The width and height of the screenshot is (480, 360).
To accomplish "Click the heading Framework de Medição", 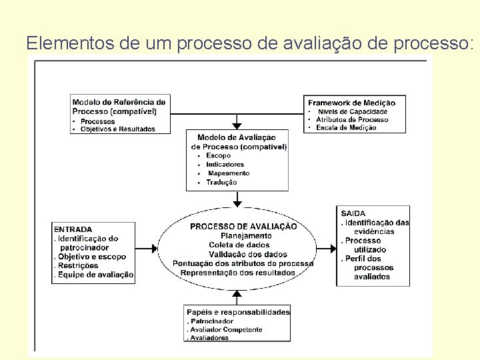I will click(x=351, y=103).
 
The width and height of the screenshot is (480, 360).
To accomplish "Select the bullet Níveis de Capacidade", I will click(x=352, y=111).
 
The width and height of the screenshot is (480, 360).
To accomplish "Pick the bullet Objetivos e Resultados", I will click(x=117, y=129).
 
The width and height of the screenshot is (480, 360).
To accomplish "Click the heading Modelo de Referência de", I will click(x=119, y=103).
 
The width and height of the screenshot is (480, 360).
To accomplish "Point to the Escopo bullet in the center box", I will click(x=218, y=155).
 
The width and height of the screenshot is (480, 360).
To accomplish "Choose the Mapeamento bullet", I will click(x=228, y=173).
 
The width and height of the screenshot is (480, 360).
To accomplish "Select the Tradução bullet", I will click(x=221, y=182).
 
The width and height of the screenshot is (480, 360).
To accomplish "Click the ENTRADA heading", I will click(x=73, y=229).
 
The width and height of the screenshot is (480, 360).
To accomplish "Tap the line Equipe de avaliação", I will click(x=95, y=275).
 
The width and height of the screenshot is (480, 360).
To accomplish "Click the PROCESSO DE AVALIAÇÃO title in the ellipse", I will click(x=243, y=227).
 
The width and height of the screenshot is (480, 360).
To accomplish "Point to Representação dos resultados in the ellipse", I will click(x=238, y=273).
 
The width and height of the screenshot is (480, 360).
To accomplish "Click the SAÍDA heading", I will click(x=353, y=213).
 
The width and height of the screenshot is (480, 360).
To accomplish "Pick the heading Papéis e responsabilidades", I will click(x=238, y=312).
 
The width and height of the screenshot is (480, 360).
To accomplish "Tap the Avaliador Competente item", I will click(x=225, y=329).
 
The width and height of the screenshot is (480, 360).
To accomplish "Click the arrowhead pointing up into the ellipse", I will click(x=237, y=294).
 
